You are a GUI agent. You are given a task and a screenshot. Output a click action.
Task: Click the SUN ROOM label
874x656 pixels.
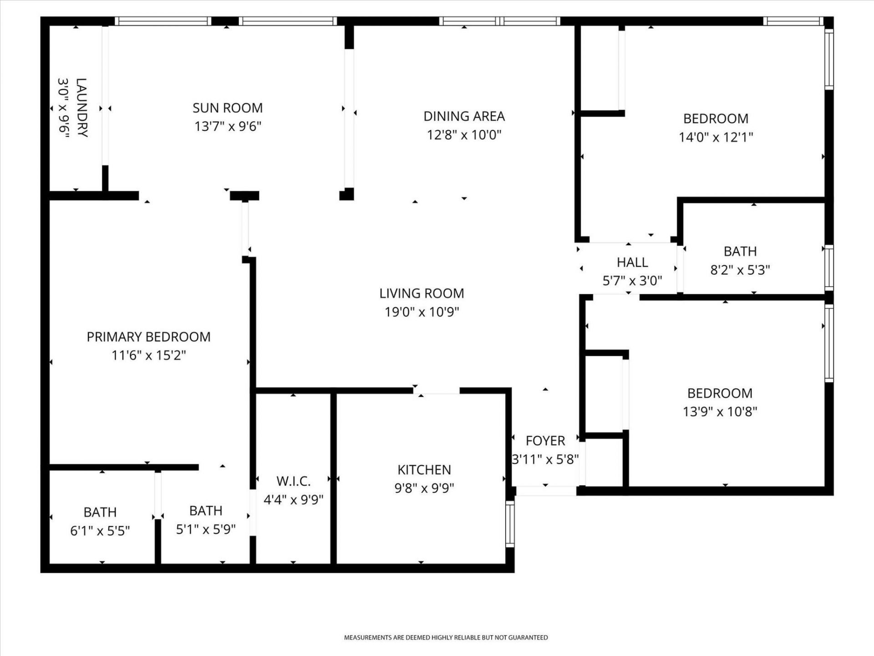pos(228,108)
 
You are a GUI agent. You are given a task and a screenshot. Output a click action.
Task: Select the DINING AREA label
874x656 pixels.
pos(464,116)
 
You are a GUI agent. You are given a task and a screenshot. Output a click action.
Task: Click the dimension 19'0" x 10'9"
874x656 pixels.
pos(422,312)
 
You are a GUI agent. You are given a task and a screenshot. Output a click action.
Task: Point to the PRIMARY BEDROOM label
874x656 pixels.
pos(148,337)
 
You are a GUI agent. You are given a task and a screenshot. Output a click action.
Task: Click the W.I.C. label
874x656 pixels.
pos(293,481)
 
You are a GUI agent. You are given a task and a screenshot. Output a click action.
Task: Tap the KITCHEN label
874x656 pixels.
pos(424,470)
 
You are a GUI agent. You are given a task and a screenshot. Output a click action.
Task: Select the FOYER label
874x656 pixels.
pos(545,441)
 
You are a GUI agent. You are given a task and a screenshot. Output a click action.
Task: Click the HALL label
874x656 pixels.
pos(632,262)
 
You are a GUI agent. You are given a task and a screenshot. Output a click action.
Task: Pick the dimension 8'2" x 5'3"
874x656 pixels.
pos(740,270)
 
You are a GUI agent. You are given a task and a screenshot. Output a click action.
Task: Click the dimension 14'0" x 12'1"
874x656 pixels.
pos(716,137)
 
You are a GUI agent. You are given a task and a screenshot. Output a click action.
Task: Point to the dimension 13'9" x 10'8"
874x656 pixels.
pos(719,412)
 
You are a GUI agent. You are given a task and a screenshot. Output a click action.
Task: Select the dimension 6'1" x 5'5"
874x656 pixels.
pos(100,531)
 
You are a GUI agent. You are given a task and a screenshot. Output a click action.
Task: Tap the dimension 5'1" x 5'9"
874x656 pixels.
pos(206,529)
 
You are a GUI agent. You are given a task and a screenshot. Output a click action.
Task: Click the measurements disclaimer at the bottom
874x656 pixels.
pos(446,637)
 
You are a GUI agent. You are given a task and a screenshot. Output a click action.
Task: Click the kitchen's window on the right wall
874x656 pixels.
pos(510,524)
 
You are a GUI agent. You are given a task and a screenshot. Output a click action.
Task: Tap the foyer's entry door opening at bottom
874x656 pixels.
pos(546,491)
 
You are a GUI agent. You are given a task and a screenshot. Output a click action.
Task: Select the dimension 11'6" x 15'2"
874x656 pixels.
pos(148,355)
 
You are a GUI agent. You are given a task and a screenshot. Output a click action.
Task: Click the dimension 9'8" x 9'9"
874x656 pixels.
pos(424,488)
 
